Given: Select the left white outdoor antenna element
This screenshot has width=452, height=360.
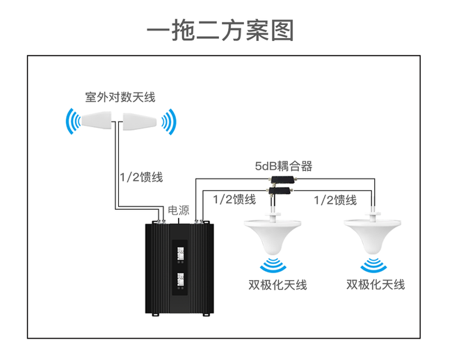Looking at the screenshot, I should [95, 122].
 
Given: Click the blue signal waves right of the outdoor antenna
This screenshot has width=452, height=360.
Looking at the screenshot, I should [167, 123].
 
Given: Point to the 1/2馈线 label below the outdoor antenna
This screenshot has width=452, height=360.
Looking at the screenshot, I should [139, 177].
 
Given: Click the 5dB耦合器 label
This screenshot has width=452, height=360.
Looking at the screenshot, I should [283, 166].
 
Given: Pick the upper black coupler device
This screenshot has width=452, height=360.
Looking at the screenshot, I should [283, 179].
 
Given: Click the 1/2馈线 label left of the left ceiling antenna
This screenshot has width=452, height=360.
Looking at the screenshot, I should [234, 199].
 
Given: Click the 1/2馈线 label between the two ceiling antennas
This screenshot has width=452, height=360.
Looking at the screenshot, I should [335, 200].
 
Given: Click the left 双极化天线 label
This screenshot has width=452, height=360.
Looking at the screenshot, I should [277, 284].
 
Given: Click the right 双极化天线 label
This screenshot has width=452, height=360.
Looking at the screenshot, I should [376, 284].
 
